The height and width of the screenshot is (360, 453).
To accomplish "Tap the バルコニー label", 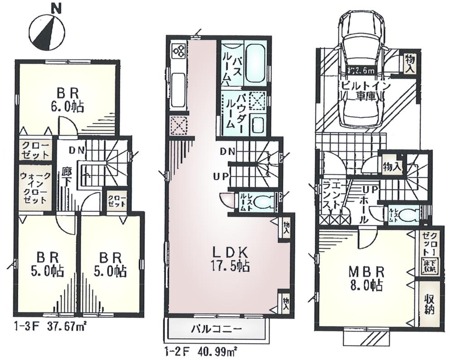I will (x=218, y=329).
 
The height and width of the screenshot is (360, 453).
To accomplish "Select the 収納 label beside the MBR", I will (x=429, y=306).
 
